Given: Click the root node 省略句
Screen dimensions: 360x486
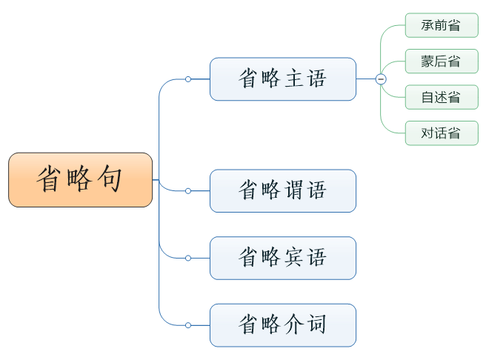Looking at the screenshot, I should tap(80, 180).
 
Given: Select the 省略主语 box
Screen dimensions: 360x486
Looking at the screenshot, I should tap(282, 79).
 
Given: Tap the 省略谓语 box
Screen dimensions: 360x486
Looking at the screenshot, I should tap(282, 190).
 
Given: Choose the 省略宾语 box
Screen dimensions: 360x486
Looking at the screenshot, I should tap(282, 258).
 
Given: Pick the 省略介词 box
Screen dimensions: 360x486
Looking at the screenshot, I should tap(282, 324).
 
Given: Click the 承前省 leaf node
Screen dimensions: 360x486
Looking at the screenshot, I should tap(441, 25).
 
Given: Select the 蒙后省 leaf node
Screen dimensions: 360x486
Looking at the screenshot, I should tap(441, 61).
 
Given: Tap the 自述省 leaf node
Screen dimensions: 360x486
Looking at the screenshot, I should tap(441, 97).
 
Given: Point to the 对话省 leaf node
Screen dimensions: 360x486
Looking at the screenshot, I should tap(441, 133).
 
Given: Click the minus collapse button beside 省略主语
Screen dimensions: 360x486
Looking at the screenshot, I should tap(381, 79).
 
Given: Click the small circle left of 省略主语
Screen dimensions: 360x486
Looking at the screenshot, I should tap(188, 79).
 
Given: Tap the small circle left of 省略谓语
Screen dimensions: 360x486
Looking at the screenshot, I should tap(188, 190).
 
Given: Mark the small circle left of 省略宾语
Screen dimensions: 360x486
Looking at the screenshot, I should tap(188, 258).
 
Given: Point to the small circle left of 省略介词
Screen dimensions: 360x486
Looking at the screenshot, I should tap(188, 324).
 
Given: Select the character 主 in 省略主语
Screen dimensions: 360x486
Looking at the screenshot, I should tap(294, 79).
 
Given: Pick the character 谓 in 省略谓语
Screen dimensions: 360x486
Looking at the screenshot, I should tap(294, 190).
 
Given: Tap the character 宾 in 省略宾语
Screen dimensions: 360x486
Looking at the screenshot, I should tap(294, 258).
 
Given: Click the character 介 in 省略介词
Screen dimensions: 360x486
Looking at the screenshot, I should tap(294, 324).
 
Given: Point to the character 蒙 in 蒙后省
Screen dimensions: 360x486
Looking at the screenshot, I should tap(428, 61).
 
